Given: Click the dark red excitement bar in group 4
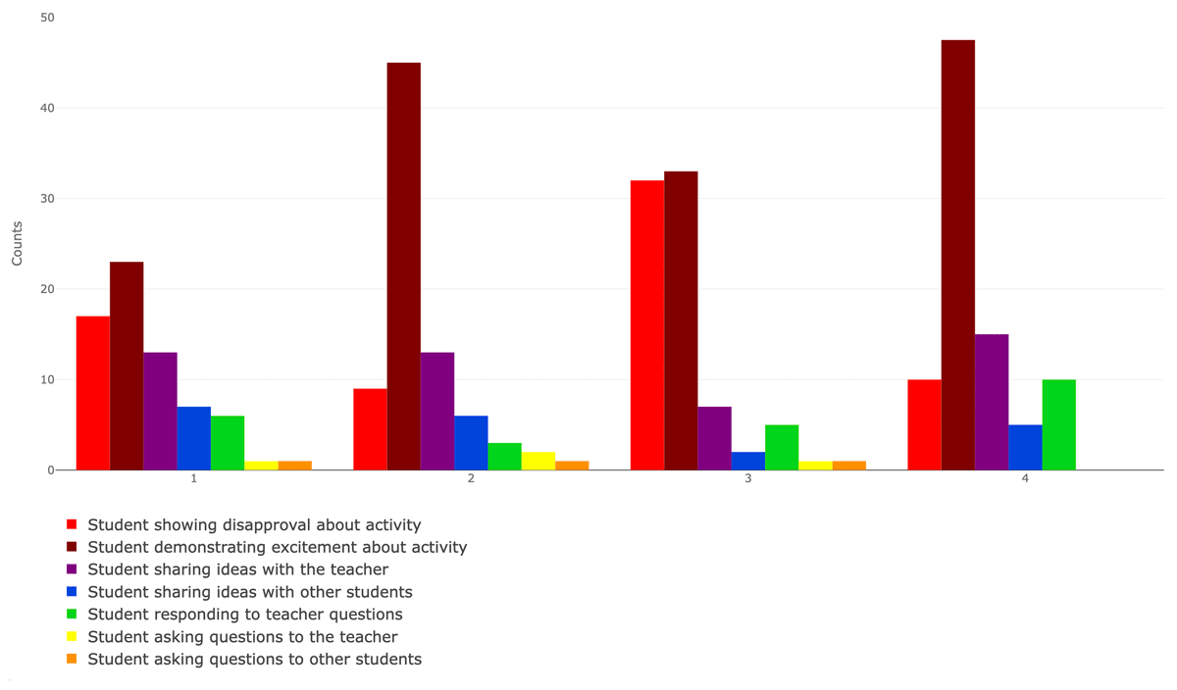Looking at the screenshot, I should pyautogui.click(x=957, y=255).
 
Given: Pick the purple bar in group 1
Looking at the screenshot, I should pyautogui.click(x=160, y=412).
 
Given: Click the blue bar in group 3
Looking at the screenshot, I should pyautogui.click(x=748, y=462).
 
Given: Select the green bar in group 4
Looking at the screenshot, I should pyautogui.click(x=1058, y=425).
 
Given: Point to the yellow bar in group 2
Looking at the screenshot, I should pyautogui.click(x=537, y=462).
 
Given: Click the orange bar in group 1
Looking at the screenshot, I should pyautogui.click(x=294, y=466).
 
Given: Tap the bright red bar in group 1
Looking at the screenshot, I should pyautogui.click(x=92, y=393).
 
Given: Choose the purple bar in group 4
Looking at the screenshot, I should pyautogui.click(x=991, y=402).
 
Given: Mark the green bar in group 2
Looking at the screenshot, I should pyautogui.click(x=504, y=457).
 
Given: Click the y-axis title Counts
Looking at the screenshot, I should pyautogui.click(x=17, y=243).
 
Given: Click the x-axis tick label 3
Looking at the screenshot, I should pyautogui.click(x=748, y=478).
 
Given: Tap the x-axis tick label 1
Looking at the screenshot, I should pyautogui.click(x=194, y=478).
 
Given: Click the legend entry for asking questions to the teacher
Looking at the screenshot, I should pyautogui.click(x=242, y=637).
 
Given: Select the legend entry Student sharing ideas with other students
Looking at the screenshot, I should pyautogui.click(x=249, y=592).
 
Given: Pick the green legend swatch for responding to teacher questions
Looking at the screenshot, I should pyautogui.click(x=72, y=615).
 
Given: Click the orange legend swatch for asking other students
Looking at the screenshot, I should pyautogui.click(x=72, y=660).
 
